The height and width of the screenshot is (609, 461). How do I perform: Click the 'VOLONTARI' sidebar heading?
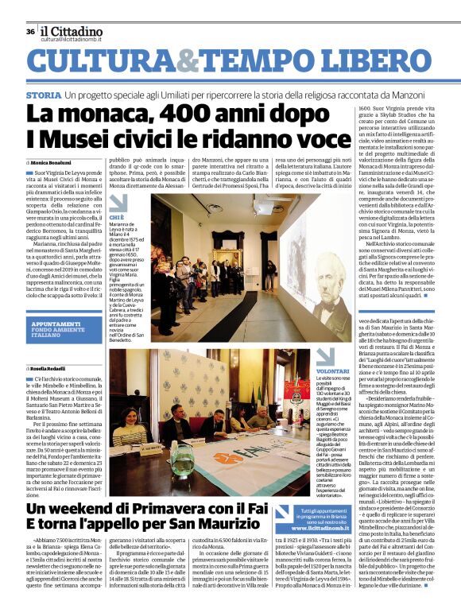click(x=310, y=371)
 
